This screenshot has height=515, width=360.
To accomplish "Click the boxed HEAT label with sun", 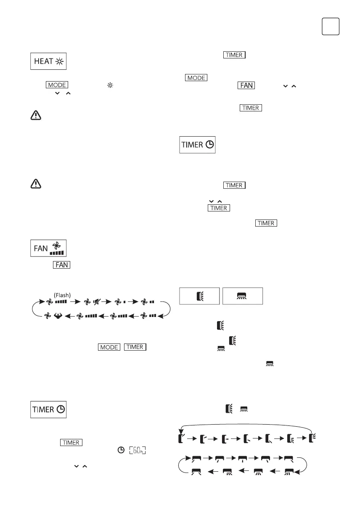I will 49,61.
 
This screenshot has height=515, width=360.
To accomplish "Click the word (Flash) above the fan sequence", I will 63,295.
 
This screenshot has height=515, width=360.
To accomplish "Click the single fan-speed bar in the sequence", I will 124,302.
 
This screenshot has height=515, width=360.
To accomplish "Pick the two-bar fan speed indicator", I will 151,302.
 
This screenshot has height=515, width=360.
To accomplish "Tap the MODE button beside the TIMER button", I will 109,347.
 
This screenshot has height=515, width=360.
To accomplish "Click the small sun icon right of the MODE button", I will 110,85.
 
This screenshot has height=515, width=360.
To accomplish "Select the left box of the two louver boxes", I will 199,296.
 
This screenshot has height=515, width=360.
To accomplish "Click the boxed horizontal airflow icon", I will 242,296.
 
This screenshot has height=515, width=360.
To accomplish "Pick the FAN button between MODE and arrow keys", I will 246,85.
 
